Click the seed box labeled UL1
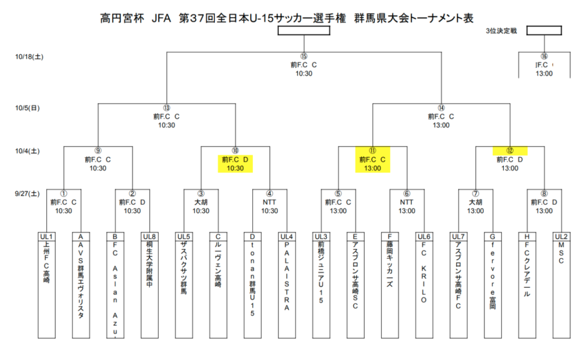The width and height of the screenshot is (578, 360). click(x=46, y=236)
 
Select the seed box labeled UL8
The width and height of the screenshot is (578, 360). click(x=149, y=236)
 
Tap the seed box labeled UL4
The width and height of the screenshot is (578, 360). click(x=287, y=236)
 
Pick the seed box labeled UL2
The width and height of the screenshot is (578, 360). click(x=561, y=236)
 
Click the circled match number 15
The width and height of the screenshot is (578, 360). click(x=304, y=56)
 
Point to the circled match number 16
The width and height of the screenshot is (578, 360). click(x=544, y=56)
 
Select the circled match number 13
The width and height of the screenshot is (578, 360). click(x=166, y=108)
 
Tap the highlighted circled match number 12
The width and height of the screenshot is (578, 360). click(x=510, y=151)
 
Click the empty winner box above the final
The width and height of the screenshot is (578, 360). click(x=304, y=30)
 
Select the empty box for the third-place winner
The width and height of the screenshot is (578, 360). click(x=544, y=30)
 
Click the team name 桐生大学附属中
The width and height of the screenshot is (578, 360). click(x=149, y=265)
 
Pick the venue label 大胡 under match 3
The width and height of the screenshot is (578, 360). click(x=200, y=201)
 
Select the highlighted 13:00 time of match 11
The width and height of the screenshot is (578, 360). click(x=373, y=168)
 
